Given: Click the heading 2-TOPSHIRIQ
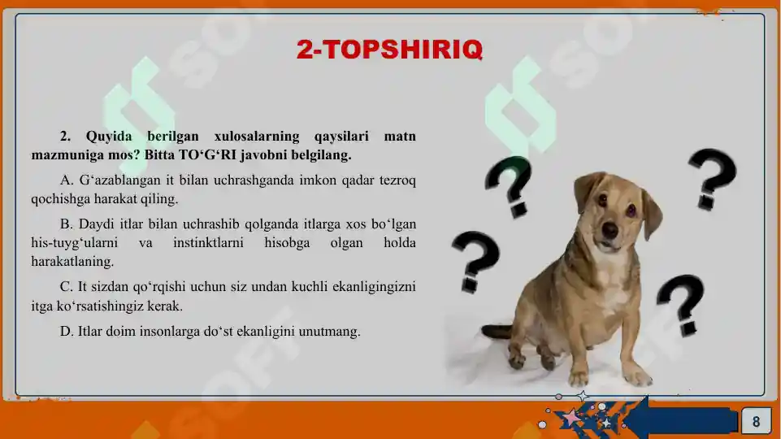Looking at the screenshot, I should coord(389,50).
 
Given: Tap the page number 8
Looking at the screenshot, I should coord(756,421).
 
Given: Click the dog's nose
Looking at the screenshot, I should coord(610,230).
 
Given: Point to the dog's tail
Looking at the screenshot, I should coord(497,332).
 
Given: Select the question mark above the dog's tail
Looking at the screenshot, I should coord(476,263).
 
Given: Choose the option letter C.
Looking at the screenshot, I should coord(65,287).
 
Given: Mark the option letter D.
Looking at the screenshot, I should coord(65,332).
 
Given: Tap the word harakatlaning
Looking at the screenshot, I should coord(72,263).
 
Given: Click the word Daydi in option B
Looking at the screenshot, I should coord(95,224).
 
